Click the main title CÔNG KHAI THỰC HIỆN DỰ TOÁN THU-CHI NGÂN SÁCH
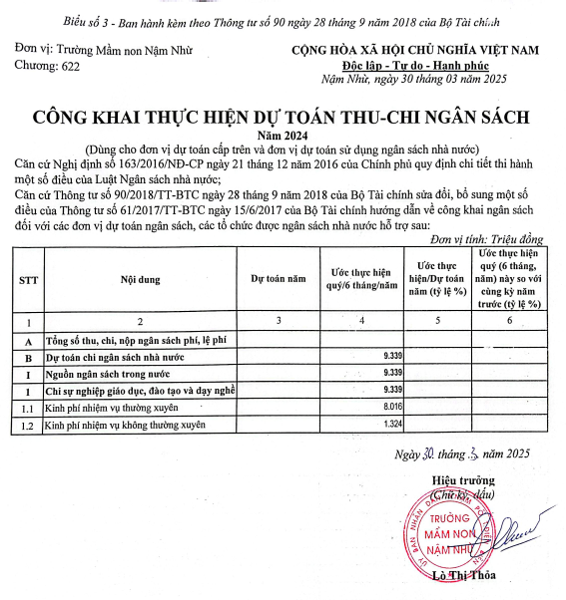point(283,117)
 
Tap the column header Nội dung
point(140,281)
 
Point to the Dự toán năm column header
point(279,281)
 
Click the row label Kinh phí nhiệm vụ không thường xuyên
point(124,425)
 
